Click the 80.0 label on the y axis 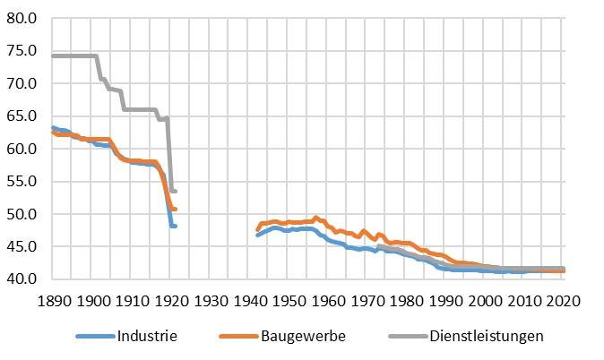pyautogui.click(x=22, y=18)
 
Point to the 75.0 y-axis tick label pyautogui.click(x=22, y=51)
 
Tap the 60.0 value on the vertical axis pyautogui.click(x=22, y=149)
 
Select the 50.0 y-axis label pyautogui.click(x=22, y=214)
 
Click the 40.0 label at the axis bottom pyautogui.click(x=22, y=279)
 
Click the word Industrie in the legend pyautogui.click(x=146, y=337)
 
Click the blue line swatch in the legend pyautogui.click(x=94, y=338)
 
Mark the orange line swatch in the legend pyautogui.click(x=237, y=338)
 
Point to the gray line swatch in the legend pyautogui.click(x=397, y=338)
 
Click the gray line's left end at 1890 pyautogui.click(x=54, y=56)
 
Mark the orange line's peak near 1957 pyautogui.click(x=315, y=218)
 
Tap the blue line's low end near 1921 pyautogui.click(x=173, y=226)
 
